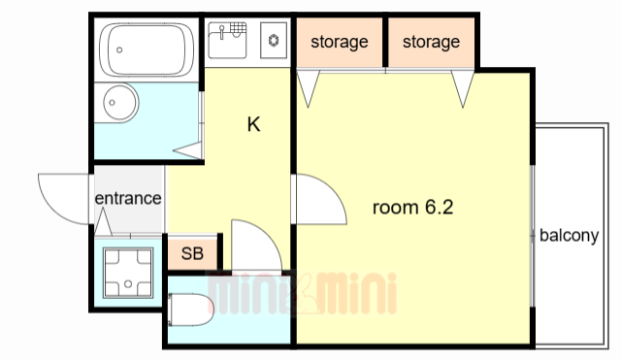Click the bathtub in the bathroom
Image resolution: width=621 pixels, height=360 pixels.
pyautogui.click(x=147, y=49)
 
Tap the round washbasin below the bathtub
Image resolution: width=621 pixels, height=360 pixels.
pyautogui.click(x=120, y=102)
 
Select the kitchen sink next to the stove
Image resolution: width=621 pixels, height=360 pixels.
pyautogui.click(x=227, y=40)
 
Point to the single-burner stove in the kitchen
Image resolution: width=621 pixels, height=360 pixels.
pyautogui.click(x=274, y=40)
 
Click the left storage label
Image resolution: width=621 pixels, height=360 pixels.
pyautogui.click(x=340, y=42)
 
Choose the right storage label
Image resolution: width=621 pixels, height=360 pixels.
pyautogui.click(x=431, y=42)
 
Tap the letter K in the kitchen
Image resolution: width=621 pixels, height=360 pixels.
pyautogui.click(x=253, y=124)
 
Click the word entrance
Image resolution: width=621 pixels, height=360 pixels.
pyautogui.click(x=128, y=198)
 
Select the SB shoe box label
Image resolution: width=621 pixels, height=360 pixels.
pyautogui.click(x=192, y=253)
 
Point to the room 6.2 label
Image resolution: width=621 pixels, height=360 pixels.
pyautogui.click(x=412, y=207)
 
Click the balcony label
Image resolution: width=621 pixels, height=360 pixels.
pyautogui.click(x=570, y=236)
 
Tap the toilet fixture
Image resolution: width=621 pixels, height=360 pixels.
pyautogui.click(x=191, y=310)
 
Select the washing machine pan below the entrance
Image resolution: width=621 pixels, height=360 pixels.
pyautogui.click(x=128, y=273)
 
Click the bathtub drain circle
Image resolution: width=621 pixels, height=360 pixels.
pyautogui.click(x=119, y=49)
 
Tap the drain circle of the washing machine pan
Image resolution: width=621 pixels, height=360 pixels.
pyautogui.click(x=128, y=284)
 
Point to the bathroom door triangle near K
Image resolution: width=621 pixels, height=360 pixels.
pyautogui.click(x=188, y=150)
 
